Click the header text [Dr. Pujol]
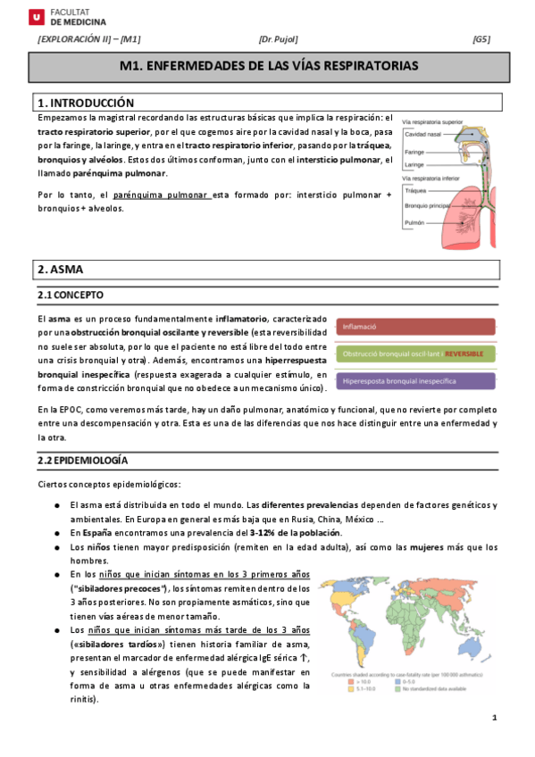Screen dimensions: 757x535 (278, 39)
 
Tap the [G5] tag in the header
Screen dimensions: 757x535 (481, 39)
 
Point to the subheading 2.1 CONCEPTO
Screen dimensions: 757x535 (70, 295)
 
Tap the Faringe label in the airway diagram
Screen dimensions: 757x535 (414, 152)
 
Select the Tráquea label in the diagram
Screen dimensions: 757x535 (416, 190)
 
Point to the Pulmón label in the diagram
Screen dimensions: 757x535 (414, 222)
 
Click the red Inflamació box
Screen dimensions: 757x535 (417, 327)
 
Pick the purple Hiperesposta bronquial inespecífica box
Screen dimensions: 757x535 (417, 381)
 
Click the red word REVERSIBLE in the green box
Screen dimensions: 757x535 (464, 354)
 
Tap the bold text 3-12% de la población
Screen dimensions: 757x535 (297, 533)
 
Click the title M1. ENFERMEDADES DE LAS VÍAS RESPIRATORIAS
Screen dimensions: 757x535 (268, 67)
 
